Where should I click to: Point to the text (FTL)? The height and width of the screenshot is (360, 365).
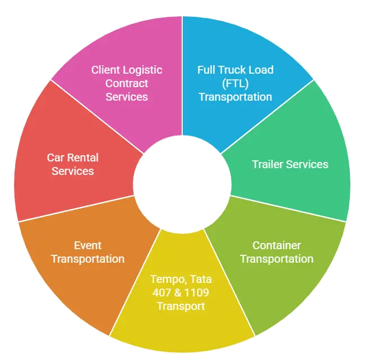pyautogui.click(x=235, y=83)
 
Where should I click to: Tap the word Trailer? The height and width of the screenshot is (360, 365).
pyautogui.click(x=268, y=164)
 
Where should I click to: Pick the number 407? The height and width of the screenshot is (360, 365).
pyautogui.click(x=163, y=292)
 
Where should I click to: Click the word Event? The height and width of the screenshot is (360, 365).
pyautogui.click(x=88, y=245)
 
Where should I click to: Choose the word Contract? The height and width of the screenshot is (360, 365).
pyautogui.click(x=127, y=83)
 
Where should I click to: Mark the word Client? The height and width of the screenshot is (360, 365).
pyautogui.click(x=106, y=70)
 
